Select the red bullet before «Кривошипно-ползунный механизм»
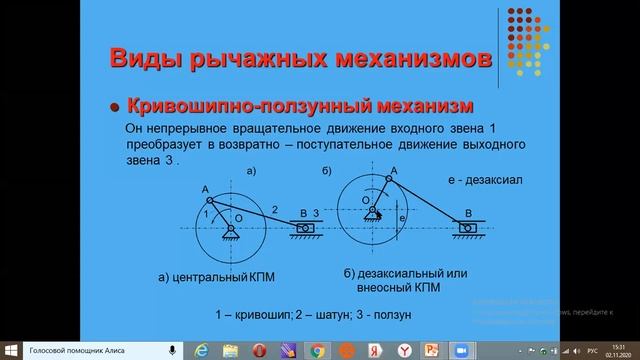point(116,106)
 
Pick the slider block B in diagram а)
point(305,229)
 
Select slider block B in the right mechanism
point(467,228)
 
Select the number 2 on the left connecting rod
point(274,208)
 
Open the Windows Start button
point(10,351)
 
